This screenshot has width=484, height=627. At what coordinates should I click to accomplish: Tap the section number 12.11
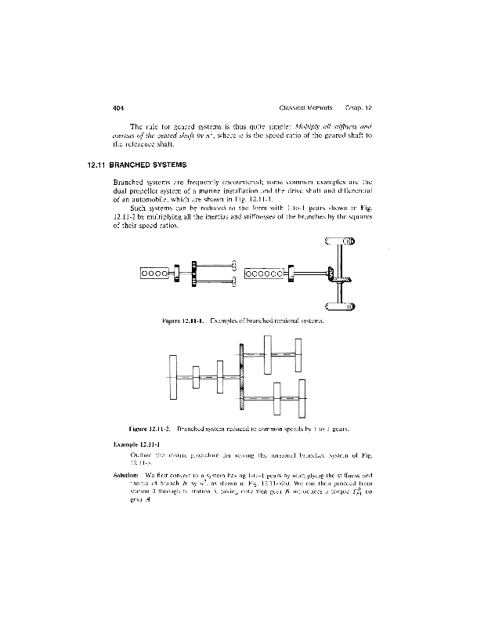click(98, 165)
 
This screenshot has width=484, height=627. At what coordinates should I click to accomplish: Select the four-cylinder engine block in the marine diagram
click(156, 274)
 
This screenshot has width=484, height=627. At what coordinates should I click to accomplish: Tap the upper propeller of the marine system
click(235, 265)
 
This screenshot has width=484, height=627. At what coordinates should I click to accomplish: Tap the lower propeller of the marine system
click(235, 281)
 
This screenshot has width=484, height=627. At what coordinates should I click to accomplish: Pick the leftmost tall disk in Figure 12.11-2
click(174, 376)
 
